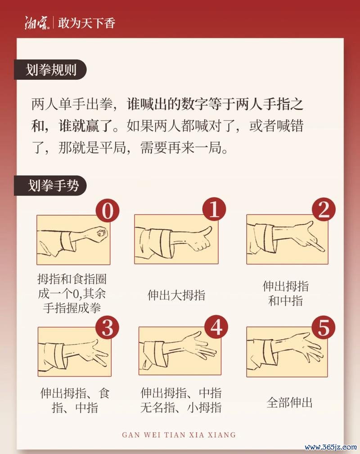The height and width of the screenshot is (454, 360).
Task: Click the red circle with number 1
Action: pyautogui.click(x=215, y=209)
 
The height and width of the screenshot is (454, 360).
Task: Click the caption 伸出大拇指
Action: pyautogui.click(x=176, y=295)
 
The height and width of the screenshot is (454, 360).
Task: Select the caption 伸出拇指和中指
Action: pyautogui.click(x=286, y=293)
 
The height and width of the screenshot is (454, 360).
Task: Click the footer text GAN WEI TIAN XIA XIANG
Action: pyautogui.click(x=179, y=435)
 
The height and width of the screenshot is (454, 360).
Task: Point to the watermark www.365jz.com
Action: pyautogui.click(x=330, y=447)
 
